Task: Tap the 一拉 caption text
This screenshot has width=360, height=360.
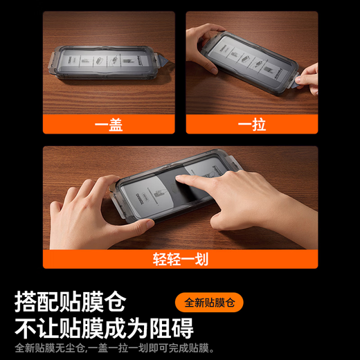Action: [x=251, y=125]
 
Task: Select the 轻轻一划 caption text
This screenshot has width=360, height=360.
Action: [x=180, y=260]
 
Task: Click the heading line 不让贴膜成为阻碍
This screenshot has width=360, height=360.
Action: [x=104, y=327]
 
